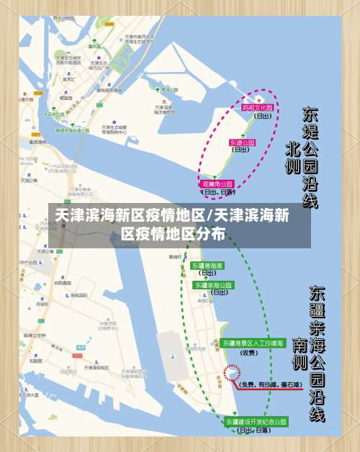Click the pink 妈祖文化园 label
click(258, 108)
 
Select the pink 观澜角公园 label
click(217, 184)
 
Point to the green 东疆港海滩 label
click(207, 266)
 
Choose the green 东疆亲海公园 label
click(214, 285)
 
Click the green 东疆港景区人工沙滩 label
click(253, 342)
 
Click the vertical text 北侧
click(292, 157)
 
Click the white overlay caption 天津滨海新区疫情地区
click(173, 214)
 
